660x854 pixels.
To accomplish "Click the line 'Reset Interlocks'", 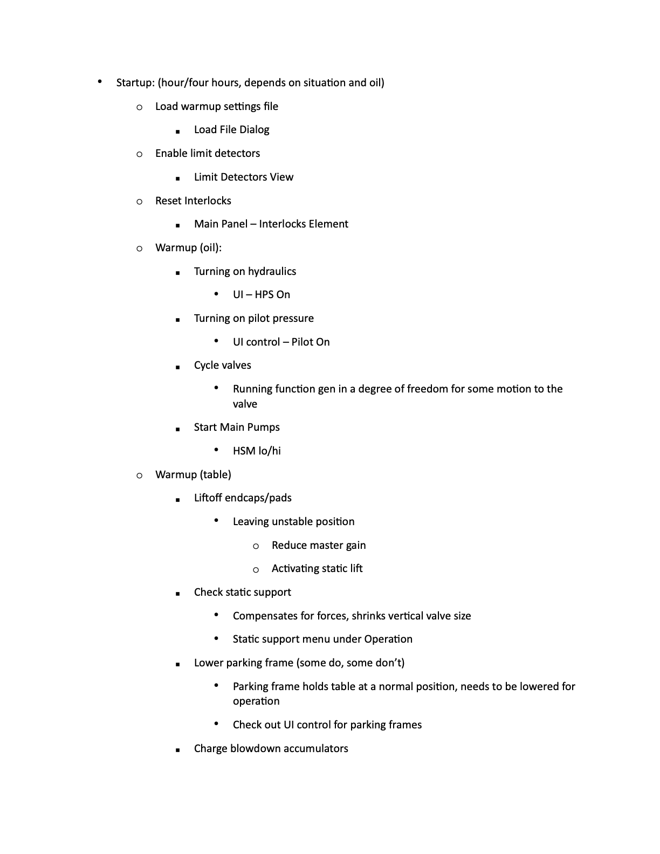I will point(193,201).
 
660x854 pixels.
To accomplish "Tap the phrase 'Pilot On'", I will point(310,342).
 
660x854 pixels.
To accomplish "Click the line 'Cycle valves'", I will point(222,365).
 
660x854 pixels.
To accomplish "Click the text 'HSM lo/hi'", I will point(257,451).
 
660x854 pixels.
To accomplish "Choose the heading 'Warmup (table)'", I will point(193,474).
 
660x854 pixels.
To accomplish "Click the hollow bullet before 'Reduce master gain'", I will point(256,546).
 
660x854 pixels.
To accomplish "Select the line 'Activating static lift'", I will point(317,568).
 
